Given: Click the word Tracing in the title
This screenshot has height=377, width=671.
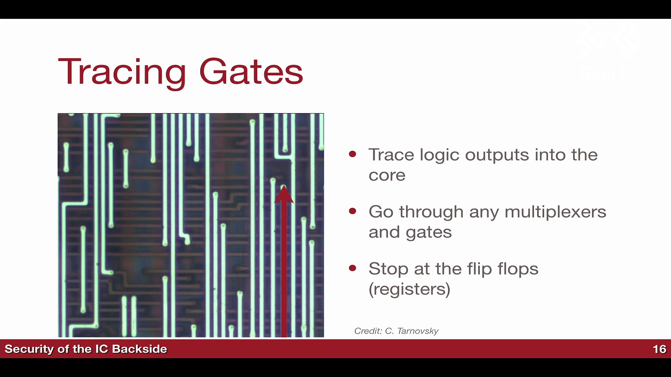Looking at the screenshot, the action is point(122,72).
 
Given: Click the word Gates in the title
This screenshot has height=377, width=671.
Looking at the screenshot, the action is point(251,71).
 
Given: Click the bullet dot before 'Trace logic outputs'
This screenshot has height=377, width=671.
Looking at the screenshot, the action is point(353,154).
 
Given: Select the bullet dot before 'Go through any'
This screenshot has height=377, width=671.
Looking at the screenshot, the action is point(353,211).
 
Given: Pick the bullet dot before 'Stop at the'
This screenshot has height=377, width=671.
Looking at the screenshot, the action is point(353,268).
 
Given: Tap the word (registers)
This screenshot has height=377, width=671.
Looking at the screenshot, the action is point(410,289).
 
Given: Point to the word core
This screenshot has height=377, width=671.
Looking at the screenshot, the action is point(387,175).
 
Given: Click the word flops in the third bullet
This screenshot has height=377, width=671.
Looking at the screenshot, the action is point(518,269).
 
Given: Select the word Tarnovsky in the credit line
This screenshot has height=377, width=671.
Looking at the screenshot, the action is point(418,331).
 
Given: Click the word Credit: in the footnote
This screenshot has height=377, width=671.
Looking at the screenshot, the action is point(368,331).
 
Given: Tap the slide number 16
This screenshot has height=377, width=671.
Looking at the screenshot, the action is point(659,349).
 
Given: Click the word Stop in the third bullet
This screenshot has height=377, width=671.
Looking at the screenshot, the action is point(389,269).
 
